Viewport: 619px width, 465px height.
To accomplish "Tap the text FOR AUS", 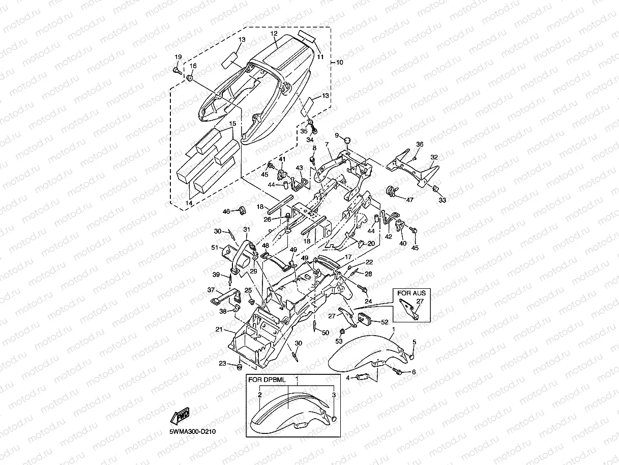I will pos(411,293).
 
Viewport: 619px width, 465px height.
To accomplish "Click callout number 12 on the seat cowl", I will pos(274,34).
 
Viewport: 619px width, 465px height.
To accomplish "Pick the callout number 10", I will pos(339,62).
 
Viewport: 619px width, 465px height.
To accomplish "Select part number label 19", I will pos(178,57).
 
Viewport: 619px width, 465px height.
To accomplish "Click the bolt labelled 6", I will pos(398,372).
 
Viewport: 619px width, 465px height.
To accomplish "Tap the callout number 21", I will pos(219,330).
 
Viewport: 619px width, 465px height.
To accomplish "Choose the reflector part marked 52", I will pos(366,319).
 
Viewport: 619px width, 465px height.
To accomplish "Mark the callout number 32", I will pos(434,157).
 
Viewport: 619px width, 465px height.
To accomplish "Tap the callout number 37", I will pos(211,290).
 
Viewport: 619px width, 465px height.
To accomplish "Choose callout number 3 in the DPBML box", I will pos(333,395).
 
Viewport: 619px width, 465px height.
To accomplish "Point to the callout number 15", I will pos(232,124).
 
